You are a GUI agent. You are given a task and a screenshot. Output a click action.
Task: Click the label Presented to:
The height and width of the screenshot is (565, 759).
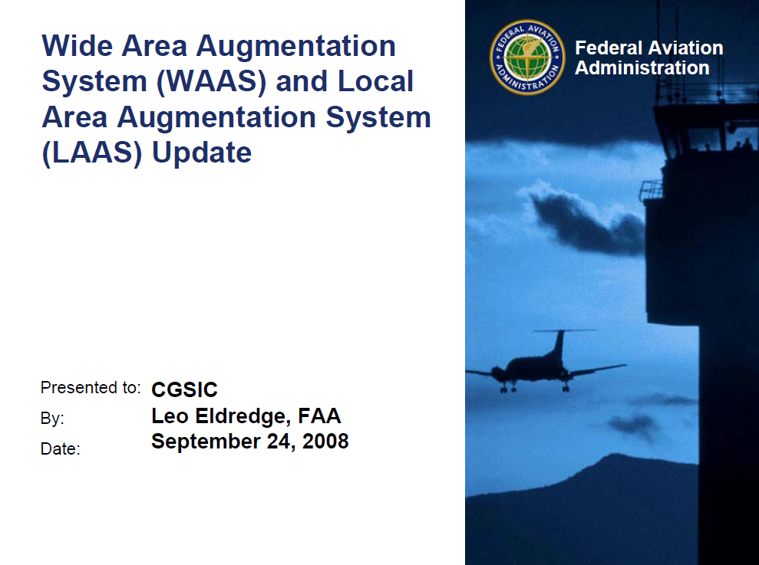pyautogui.click(x=91, y=388)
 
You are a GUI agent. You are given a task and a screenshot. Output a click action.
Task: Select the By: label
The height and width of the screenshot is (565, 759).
pyautogui.click(x=52, y=419)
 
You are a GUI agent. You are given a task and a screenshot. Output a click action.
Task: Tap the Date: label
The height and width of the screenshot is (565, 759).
pyautogui.click(x=60, y=449)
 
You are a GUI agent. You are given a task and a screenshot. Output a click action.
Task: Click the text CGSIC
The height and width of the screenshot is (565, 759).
pyautogui.click(x=184, y=389)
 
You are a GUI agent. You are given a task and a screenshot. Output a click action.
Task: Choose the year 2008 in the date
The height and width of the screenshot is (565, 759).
pyautogui.click(x=325, y=442)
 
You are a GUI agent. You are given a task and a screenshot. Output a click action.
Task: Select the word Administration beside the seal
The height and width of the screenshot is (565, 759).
pyautogui.click(x=642, y=68)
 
